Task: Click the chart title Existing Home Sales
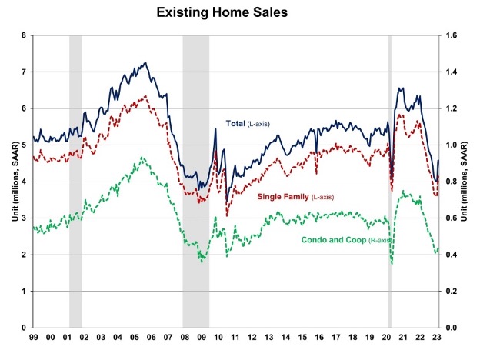pos(239,13)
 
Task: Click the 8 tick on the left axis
pos(25,35)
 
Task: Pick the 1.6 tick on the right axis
pos(452,35)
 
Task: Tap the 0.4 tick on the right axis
pos(452,255)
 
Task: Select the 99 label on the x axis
pos(34,338)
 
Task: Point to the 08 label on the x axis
pos(186,338)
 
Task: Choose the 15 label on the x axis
pos(305,338)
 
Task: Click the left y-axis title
pos(10,182)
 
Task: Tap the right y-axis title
pos(469,182)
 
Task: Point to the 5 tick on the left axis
pos(25,145)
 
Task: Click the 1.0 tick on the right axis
pos(452,145)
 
